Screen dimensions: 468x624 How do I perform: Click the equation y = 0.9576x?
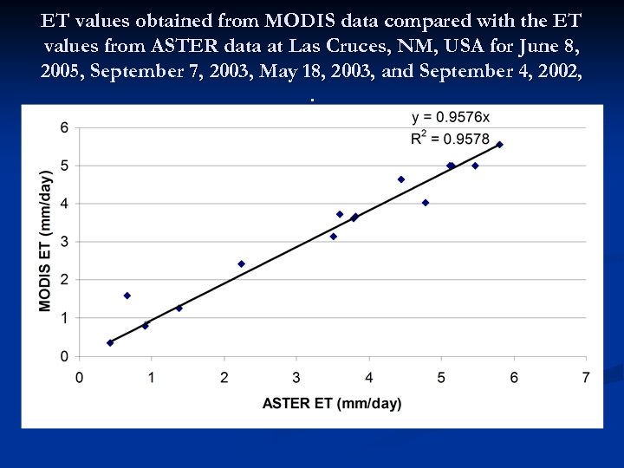point(451,118)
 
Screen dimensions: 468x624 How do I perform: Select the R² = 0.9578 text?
point(451,139)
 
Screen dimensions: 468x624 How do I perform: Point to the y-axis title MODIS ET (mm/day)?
point(46,241)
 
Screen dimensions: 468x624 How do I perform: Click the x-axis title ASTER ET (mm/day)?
point(332,403)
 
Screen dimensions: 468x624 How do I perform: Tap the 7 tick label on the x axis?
point(587,377)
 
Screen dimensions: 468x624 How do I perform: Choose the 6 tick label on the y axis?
point(64,127)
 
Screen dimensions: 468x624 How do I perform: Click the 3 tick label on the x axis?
point(296,377)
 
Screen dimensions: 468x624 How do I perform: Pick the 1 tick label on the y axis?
point(64,318)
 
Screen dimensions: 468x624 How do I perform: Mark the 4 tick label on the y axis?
point(64,204)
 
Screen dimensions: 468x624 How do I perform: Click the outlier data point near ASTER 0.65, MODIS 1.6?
point(127,296)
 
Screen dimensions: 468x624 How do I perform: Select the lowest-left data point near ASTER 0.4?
point(110,342)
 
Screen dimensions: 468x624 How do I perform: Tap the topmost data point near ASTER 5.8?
point(499,145)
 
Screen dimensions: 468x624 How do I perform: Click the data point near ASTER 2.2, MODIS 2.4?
point(241,263)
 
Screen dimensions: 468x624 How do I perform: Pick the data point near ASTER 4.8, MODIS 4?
point(426,203)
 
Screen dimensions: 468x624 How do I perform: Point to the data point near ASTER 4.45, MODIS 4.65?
point(401,179)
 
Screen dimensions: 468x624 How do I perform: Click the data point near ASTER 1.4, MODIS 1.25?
point(179,308)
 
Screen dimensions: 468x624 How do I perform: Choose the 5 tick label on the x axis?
point(442,377)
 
